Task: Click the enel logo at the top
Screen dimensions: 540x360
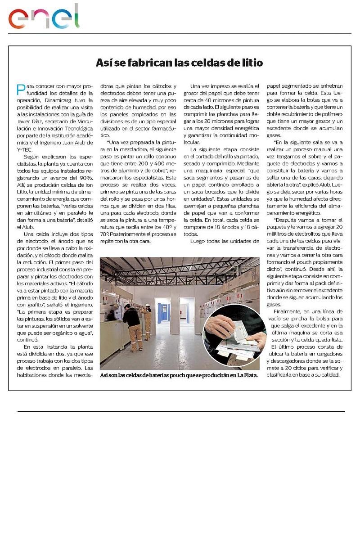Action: [x=44, y=17]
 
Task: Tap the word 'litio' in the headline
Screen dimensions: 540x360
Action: [x=252, y=63]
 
